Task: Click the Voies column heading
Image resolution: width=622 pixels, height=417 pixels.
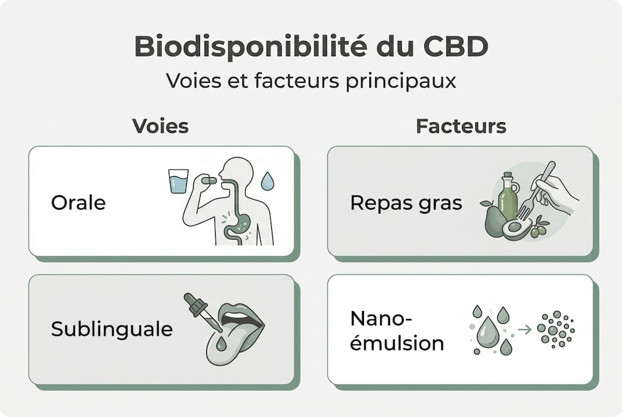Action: (x=161, y=126)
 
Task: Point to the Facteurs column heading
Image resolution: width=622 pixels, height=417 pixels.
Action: (x=461, y=126)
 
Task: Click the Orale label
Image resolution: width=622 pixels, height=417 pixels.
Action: (x=78, y=202)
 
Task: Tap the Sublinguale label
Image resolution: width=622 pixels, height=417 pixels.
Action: (x=112, y=329)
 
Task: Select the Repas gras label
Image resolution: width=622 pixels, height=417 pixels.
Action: (x=406, y=203)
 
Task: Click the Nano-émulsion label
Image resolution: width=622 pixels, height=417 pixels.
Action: (x=397, y=331)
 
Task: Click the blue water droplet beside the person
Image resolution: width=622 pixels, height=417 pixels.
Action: (x=267, y=182)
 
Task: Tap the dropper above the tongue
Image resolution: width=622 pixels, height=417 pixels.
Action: (x=202, y=312)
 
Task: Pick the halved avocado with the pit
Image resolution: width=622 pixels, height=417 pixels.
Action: (x=517, y=228)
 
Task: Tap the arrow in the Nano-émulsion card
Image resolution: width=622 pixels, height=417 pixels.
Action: (x=524, y=330)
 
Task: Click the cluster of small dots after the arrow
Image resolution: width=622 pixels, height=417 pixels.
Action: (x=555, y=330)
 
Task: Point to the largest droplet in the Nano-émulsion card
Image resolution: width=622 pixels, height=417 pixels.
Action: (x=488, y=331)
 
